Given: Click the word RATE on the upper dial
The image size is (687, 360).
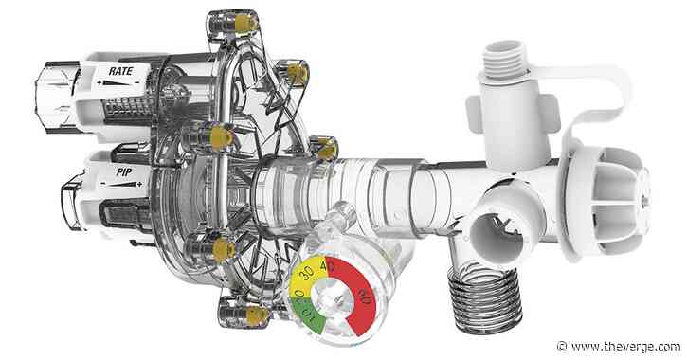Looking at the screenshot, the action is tap(120, 71).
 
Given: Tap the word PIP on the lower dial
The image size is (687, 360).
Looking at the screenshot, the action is tap(124, 172).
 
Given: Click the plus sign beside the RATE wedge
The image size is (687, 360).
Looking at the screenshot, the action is tap(99, 82).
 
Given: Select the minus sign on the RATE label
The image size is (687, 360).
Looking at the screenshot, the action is tap(137, 82).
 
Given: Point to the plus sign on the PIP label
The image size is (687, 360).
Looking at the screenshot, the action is tap(139, 185).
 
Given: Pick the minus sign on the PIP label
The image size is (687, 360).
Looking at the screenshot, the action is tap(103, 184).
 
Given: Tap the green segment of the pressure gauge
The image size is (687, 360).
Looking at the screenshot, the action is tap(308, 315).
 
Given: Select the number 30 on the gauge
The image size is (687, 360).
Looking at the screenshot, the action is tap(307, 273).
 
